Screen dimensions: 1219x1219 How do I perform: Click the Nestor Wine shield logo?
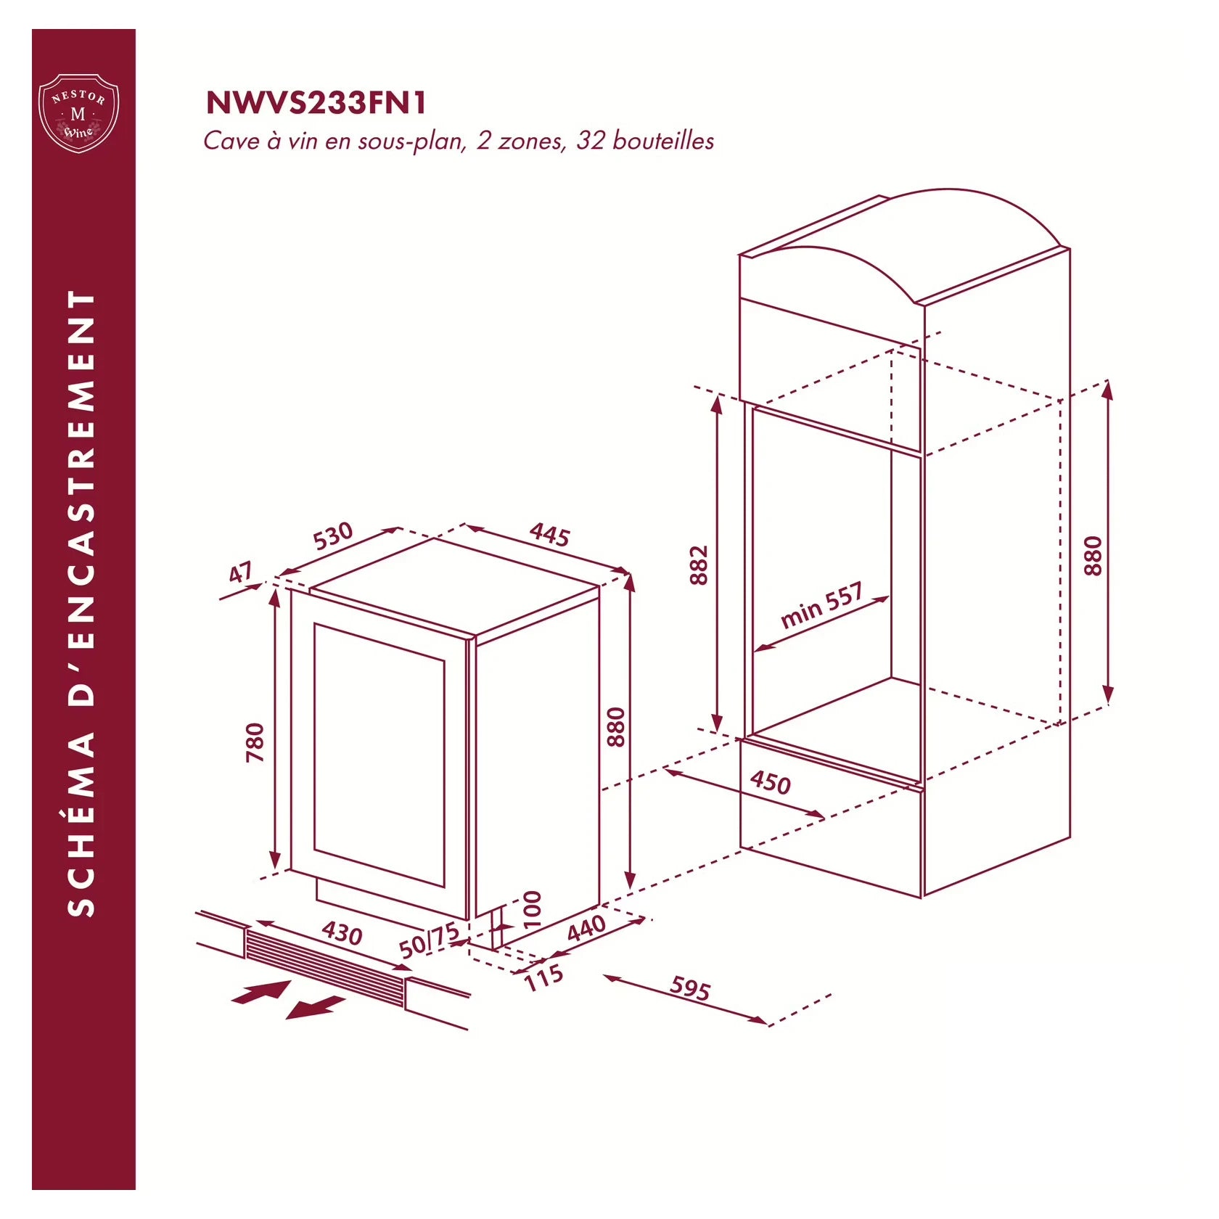78,113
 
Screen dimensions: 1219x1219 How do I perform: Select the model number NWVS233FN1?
316,103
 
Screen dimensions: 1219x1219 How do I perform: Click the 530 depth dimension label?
333,535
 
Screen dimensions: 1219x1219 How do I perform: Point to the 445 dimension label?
550,534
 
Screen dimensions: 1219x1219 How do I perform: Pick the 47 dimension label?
241,572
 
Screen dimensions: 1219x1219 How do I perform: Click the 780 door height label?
255,742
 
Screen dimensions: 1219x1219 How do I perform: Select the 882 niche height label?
698,565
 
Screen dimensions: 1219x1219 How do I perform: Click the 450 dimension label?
771,782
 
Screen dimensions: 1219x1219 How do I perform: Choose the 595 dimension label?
690,988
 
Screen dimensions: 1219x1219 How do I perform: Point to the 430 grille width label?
342,932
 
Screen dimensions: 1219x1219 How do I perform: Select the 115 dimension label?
544,977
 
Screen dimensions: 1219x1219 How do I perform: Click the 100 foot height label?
533,910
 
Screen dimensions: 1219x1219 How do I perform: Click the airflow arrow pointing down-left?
315,1007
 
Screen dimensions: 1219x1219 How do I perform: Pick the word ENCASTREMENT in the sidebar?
81,498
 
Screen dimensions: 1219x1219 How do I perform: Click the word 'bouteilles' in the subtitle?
663,141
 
